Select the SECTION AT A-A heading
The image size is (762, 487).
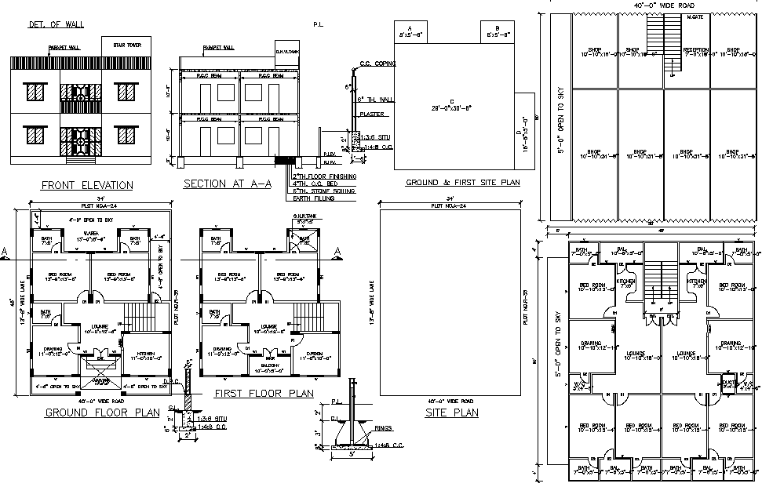(227, 184)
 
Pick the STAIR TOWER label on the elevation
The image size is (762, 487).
(126, 45)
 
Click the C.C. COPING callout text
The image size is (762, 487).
(377, 64)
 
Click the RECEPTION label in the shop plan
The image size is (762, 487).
(695, 52)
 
